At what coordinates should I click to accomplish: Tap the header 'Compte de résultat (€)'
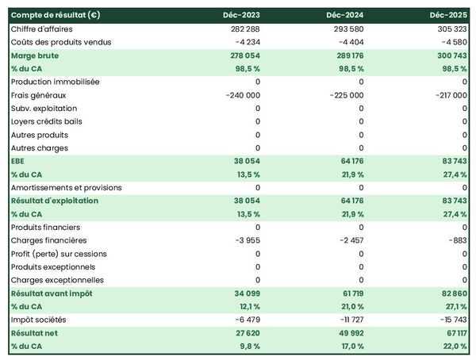(x=56, y=15)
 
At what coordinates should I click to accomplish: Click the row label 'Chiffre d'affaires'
(x=42, y=29)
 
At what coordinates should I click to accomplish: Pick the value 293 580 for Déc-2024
(x=347, y=29)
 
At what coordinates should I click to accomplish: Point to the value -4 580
(x=452, y=41)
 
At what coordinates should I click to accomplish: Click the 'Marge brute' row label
(x=35, y=56)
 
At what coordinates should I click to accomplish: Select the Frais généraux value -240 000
(x=239, y=95)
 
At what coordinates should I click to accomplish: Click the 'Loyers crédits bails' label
(x=47, y=121)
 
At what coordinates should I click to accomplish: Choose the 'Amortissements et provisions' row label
(x=67, y=188)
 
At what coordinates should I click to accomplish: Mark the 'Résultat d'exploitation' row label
(x=55, y=201)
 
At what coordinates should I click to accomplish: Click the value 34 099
(x=244, y=293)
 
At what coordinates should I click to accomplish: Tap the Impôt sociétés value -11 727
(x=347, y=320)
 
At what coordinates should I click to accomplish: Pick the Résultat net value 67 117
(x=451, y=333)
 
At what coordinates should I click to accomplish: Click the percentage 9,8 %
(x=247, y=347)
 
